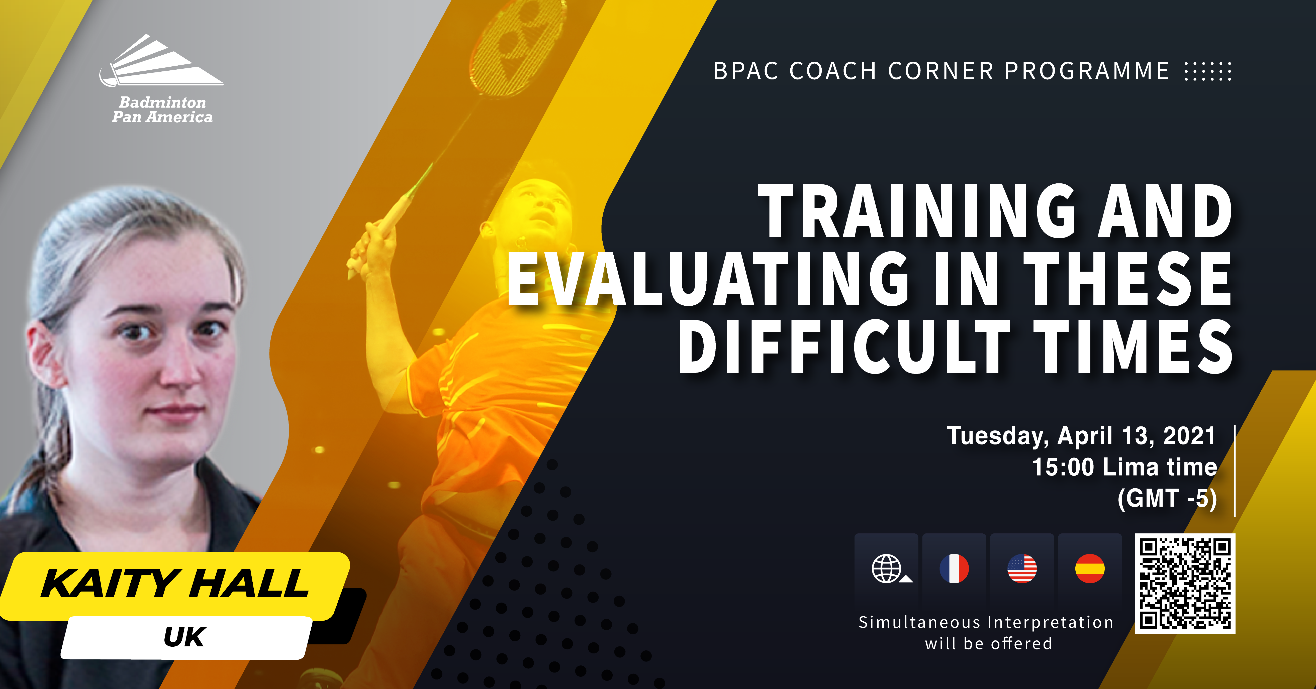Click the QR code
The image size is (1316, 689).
tap(1185, 583)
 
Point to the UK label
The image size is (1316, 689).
tap(184, 637)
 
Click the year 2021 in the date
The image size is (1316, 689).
tap(1189, 436)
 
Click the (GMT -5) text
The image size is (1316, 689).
tap(1167, 499)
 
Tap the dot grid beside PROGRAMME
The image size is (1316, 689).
tap(1208, 71)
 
